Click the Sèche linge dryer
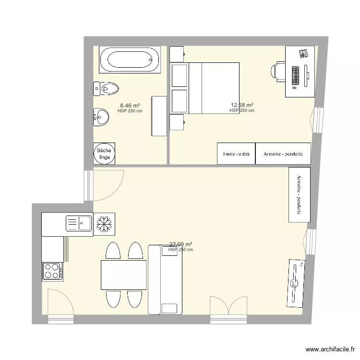[104, 154]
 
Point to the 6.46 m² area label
[130, 105]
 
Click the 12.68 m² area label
[242, 105]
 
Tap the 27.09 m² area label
[180, 244]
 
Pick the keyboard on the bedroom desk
[295, 75]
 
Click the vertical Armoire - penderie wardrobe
[299, 195]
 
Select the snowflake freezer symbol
[104, 224]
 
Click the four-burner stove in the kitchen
[52, 271]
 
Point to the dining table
[123, 275]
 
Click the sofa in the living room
[166, 279]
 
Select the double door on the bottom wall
[228, 312]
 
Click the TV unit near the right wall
[295, 283]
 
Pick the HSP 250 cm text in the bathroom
[130, 111]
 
